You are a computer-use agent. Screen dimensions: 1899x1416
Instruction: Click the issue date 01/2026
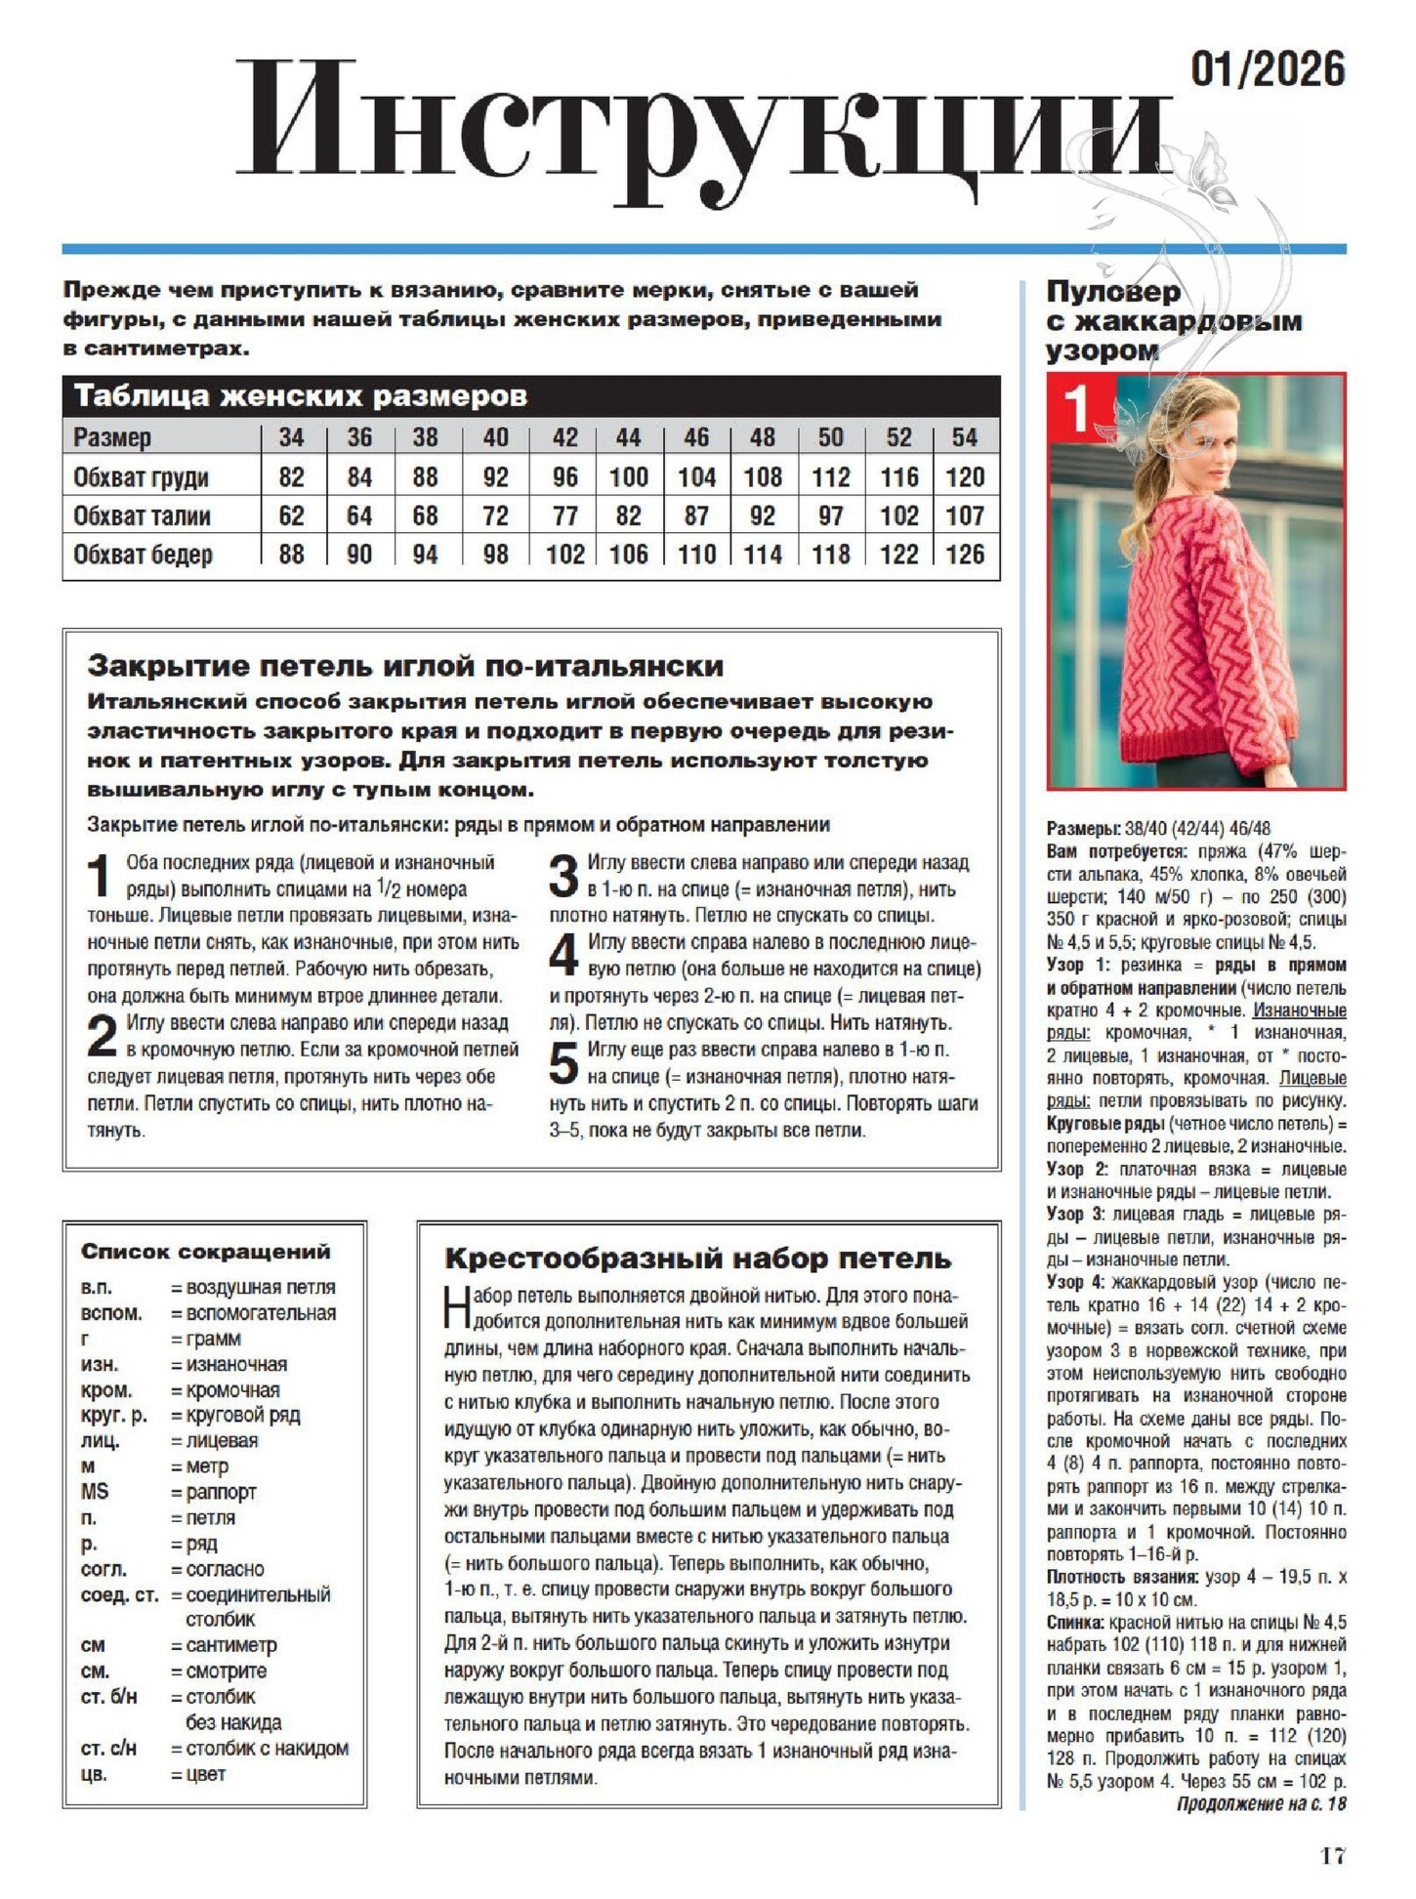[1268, 69]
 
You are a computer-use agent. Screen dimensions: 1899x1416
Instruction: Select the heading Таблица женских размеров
[300, 396]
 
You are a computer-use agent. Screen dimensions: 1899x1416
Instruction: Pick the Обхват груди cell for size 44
[628, 477]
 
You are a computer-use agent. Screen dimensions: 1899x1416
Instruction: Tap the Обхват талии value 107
[964, 516]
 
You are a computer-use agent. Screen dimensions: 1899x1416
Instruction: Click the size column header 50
[830, 437]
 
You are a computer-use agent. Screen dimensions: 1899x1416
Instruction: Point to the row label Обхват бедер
[143, 555]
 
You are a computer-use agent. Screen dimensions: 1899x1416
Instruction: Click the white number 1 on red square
[1076, 407]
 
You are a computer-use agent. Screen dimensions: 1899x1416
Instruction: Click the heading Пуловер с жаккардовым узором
[1173, 320]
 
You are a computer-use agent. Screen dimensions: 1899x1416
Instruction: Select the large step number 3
[563, 876]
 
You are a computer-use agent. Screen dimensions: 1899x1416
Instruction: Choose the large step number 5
[563, 1063]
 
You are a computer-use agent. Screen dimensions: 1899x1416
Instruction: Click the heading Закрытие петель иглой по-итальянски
[405, 666]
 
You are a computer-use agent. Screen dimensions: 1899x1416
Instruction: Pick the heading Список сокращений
[205, 1252]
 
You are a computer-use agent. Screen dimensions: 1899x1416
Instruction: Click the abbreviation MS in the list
[95, 1492]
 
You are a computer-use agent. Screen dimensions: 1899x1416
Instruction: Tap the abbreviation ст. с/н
[108, 1748]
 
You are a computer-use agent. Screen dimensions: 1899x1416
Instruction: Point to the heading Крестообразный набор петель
[697, 1259]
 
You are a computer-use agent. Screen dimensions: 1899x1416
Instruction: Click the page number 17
[1333, 1856]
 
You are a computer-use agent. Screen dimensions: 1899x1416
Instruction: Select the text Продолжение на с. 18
[1261, 1803]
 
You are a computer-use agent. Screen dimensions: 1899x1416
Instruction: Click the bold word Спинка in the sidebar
[1075, 1623]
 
